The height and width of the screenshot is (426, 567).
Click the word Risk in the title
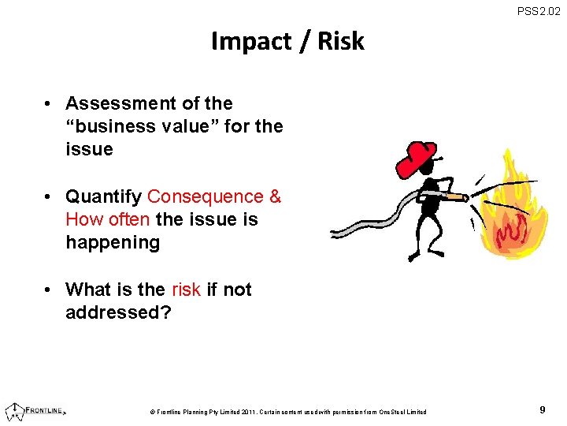tap(340, 41)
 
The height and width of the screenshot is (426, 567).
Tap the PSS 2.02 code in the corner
tap(538, 11)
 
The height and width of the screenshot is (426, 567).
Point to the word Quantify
tap(103, 196)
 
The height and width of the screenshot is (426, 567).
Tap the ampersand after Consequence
tap(275, 196)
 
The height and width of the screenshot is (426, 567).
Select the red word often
tap(128, 219)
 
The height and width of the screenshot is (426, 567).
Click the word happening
tap(113, 242)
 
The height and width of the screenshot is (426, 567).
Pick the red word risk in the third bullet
tap(186, 290)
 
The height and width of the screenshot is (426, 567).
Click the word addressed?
tap(118, 312)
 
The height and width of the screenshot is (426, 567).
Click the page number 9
tap(543, 410)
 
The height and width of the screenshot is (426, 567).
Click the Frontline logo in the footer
tap(35, 410)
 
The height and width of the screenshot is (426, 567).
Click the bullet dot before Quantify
tap(49, 196)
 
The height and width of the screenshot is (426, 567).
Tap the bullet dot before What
tap(49, 290)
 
